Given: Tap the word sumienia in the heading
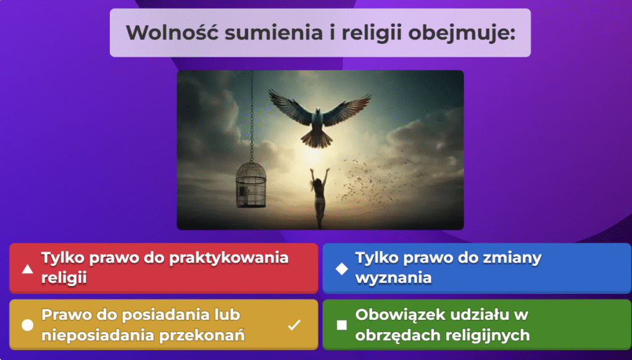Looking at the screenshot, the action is [x=274, y=33].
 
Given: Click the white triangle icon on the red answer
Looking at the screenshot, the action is [x=27, y=269].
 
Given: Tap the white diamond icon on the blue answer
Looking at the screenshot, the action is [x=342, y=269].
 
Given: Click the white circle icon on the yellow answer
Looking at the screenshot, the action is [x=27, y=325].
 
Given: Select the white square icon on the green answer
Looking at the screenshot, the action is [x=342, y=325].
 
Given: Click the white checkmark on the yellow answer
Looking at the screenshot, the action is [x=294, y=325].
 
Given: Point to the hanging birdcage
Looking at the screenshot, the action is [x=251, y=185].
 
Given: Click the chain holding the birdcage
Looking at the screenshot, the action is [x=252, y=116].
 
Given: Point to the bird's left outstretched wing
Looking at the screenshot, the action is [x=291, y=106].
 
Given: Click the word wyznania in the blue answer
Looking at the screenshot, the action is [x=393, y=278].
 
